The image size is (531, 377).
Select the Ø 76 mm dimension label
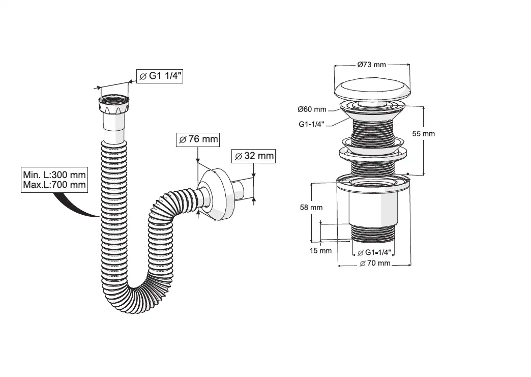197,139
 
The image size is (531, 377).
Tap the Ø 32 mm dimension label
253,156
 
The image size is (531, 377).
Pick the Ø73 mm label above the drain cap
371,65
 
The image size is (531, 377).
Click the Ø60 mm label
312,109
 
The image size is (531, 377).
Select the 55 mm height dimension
424,134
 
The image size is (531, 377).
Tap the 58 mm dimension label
312,208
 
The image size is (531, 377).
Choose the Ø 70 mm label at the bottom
374,263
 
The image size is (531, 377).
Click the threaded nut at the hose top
113,106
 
